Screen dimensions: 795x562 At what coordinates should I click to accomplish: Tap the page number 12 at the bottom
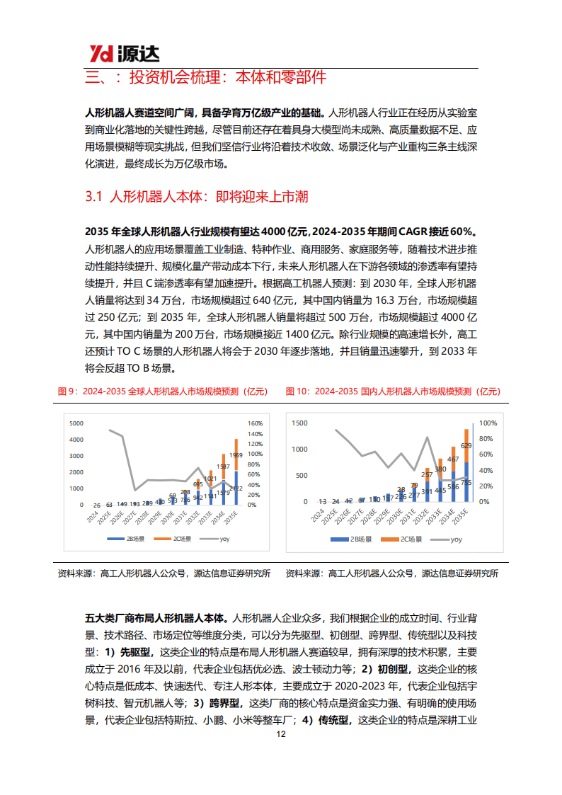281,734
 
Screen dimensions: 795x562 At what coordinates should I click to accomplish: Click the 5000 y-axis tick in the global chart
76,423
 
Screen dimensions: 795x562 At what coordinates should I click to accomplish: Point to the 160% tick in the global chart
256,423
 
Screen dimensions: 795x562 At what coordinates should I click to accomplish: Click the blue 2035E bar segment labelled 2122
236,489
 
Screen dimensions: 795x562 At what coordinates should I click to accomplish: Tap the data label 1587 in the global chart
222,467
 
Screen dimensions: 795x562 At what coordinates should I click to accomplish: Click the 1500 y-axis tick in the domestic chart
299,423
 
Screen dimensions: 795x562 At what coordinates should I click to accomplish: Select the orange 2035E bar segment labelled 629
466,445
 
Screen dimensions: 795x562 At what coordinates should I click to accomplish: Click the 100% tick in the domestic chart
487,423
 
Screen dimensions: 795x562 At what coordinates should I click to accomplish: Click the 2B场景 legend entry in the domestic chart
352,539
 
